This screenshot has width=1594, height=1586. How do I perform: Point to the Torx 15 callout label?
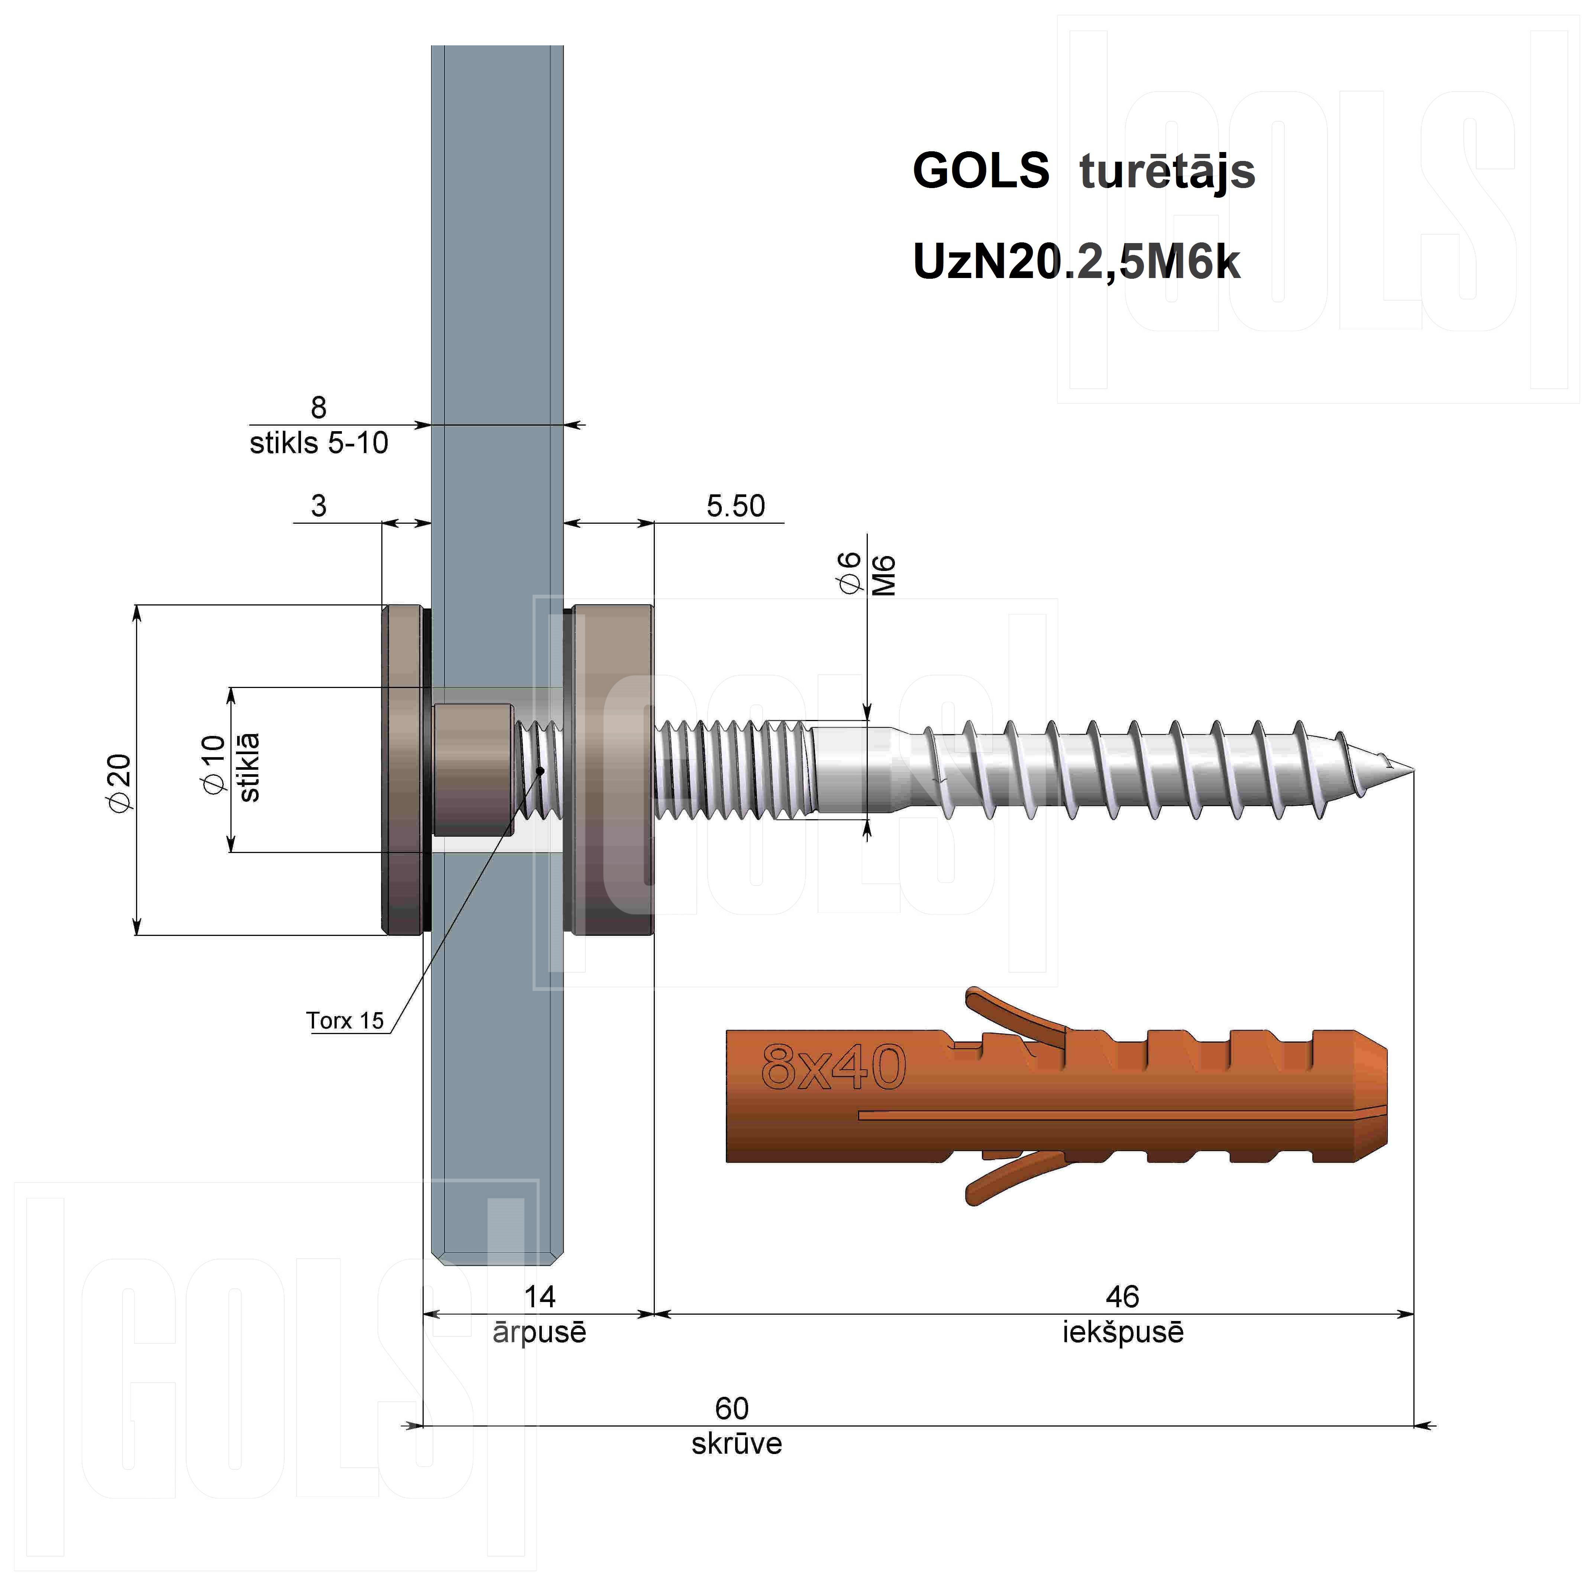pos(346,1021)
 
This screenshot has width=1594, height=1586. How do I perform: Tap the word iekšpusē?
pos(1123,1333)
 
